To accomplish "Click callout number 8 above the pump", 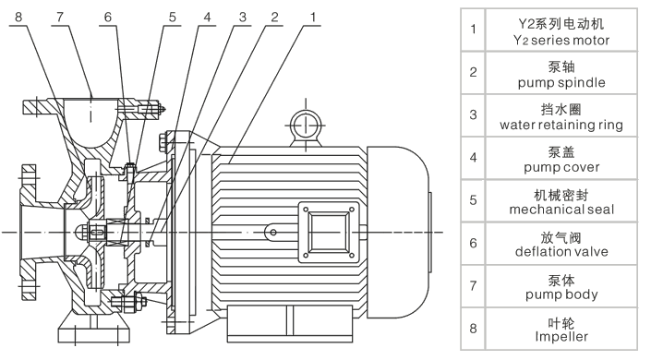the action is point(18,17).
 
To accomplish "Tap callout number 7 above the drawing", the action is point(61,17).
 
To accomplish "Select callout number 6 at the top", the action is point(108,17).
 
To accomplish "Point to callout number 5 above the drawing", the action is point(173,17).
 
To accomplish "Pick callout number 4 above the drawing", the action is point(207,17).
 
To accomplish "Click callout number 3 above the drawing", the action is point(243,17).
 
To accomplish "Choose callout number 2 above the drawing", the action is point(274,17).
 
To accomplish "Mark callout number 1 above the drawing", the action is point(313,17).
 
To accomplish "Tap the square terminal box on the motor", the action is point(329,233).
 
